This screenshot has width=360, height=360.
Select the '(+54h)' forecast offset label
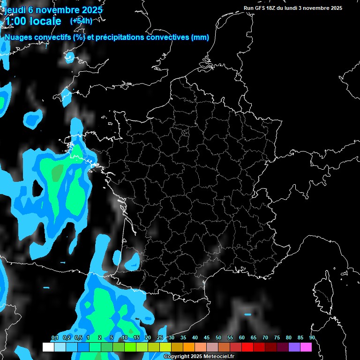[81, 21]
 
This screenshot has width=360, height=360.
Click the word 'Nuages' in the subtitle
[19, 37]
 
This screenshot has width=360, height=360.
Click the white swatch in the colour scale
[48, 347]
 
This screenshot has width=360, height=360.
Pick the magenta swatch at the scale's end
[306, 347]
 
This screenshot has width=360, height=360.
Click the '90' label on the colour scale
[312, 338]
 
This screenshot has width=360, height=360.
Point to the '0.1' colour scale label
[54, 338]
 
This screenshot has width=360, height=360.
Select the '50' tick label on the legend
[218, 338]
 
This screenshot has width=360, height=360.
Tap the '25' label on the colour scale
[160, 338]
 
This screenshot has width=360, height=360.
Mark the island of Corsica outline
[322, 293]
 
